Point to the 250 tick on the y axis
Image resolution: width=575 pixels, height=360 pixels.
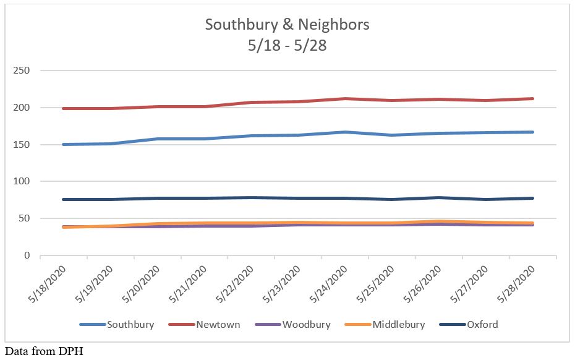tap(22, 71)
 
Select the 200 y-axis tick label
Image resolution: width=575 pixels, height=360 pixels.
tap(22, 108)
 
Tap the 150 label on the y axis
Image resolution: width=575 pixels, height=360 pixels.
tap(22, 145)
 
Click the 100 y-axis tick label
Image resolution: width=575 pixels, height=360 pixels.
tap(22, 181)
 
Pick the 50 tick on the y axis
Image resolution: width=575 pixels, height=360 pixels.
tap(25, 218)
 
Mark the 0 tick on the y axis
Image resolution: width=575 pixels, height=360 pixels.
tap(27, 255)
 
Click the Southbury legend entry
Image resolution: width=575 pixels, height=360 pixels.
tap(129, 324)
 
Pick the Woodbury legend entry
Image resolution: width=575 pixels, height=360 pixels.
tap(306, 324)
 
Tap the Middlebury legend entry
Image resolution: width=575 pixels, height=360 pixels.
tap(398, 324)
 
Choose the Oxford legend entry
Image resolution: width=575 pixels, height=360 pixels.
tap(482, 324)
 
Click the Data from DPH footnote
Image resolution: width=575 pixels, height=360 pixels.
tap(43, 352)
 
